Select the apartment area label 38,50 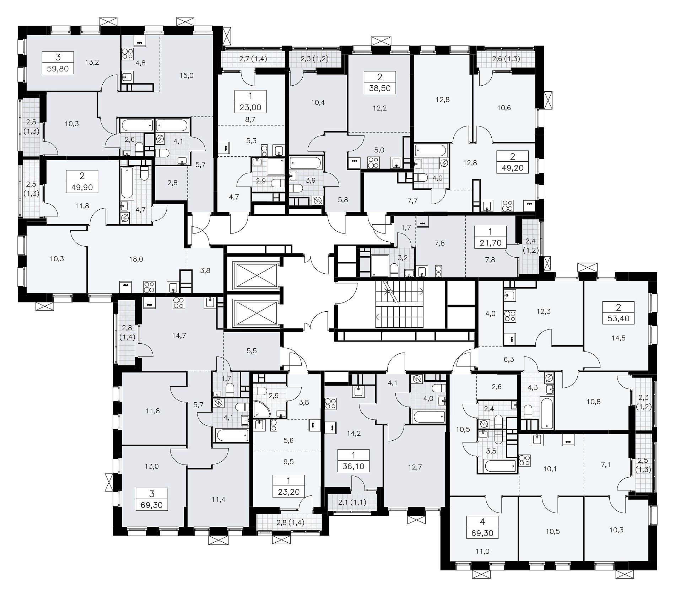tap(380, 88)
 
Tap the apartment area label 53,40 tap(619, 318)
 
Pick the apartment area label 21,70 tap(491, 243)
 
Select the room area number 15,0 tap(187, 75)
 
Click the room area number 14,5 tap(618, 338)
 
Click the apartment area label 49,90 tap(82, 187)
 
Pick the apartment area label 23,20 tap(288, 492)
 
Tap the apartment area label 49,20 tap(513, 168)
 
